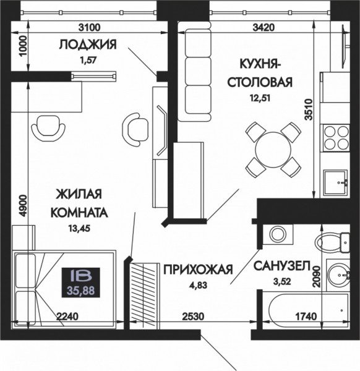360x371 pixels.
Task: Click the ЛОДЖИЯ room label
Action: [x=88, y=45]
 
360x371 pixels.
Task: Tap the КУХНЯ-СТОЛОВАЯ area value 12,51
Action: [x=260, y=98]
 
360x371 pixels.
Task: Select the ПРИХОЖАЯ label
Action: [x=199, y=270]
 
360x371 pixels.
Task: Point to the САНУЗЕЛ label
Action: [x=281, y=266]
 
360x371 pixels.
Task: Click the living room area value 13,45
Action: [x=80, y=228]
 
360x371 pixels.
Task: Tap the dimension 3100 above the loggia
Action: [x=90, y=27]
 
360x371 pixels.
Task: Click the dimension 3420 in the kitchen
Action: [x=264, y=27]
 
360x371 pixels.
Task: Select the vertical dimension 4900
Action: [x=23, y=206]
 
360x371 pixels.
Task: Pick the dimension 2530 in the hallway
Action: [x=193, y=317]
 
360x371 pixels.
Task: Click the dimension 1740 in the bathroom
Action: [x=306, y=317]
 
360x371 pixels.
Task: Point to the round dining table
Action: [x=273, y=149]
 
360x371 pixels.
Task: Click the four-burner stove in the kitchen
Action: [x=336, y=137]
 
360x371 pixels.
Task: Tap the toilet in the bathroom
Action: [x=332, y=243]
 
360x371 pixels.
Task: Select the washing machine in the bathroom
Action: [x=278, y=234]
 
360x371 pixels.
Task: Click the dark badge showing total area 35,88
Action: [x=80, y=283]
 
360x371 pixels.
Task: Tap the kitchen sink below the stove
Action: [x=336, y=182]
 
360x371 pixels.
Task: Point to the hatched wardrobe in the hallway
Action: [x=144, y=296]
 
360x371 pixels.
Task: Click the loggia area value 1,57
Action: [x=88, y=61]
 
